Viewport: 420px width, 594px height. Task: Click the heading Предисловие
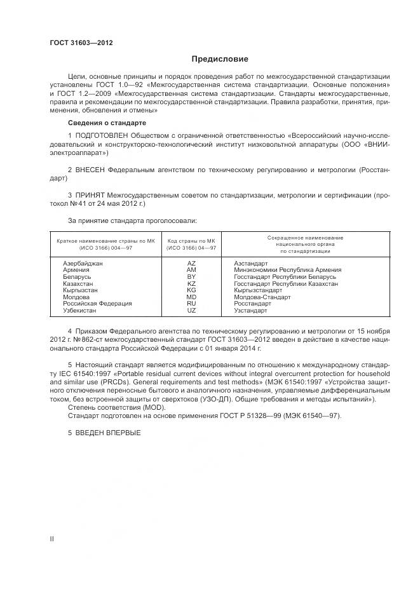210,59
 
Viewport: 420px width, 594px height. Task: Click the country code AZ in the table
191,263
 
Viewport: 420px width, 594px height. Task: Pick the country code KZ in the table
191,283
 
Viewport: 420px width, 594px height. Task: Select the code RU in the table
191,304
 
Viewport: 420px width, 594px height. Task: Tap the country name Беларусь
78,277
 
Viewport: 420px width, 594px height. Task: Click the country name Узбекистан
80,311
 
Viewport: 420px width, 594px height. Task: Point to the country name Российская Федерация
97,304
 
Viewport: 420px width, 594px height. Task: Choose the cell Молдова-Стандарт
262,297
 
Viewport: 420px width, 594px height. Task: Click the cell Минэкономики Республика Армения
287,270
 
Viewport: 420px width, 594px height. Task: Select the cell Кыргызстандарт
258,290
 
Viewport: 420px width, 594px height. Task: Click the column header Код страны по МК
191,241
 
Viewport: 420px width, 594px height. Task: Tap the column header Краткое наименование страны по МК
105,241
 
